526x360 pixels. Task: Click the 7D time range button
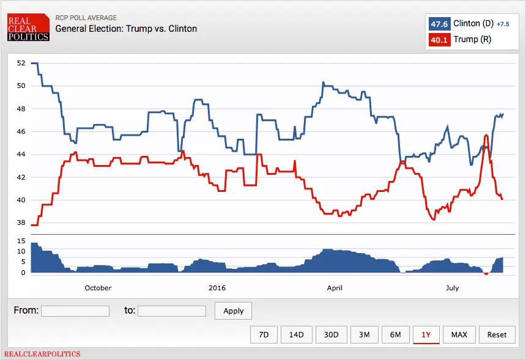pos(264,334)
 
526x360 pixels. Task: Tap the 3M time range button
pos(364,334)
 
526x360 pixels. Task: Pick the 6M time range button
pos(395,334)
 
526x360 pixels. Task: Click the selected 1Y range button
pos(426,334)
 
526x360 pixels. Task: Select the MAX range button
pos(459,334)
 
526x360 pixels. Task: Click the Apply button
pos(233,310)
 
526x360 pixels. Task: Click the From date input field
pos(75,311)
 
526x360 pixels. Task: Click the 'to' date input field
pos(172,311)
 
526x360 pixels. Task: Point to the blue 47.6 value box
pos(439,24)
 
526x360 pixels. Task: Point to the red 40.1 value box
pos(439,40)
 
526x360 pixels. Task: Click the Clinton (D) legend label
pos(474,24)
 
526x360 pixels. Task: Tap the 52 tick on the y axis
pos(21,63)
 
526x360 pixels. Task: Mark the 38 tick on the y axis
pos(21,223)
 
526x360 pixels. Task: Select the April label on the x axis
pos(335,288)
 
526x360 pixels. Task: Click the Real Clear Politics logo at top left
pos(28,28)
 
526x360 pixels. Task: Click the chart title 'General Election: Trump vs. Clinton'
pos(126,29)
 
